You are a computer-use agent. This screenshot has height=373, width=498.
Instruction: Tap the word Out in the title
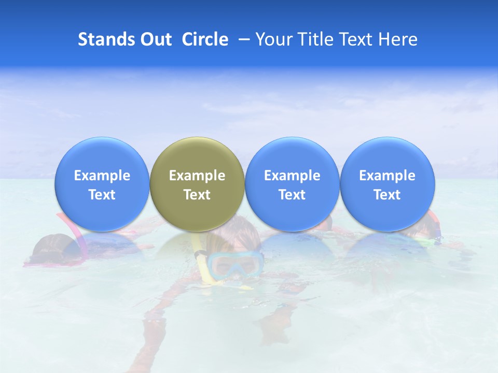click(x=156, y=39)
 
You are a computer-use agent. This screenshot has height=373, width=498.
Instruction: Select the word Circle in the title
click(x=205, y=39)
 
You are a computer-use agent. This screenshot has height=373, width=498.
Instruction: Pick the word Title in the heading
click(x=314, y=39)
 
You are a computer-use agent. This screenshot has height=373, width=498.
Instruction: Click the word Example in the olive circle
click(x=197, y=176)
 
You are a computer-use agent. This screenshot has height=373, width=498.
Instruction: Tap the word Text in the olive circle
click(x=197, y=195)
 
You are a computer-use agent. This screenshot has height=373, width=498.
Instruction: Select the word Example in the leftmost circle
click(x=102, y=176)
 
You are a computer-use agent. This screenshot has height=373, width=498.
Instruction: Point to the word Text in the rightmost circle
click(x=387, y=195)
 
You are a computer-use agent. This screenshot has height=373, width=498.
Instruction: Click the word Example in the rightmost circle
click(x=387, y=176)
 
